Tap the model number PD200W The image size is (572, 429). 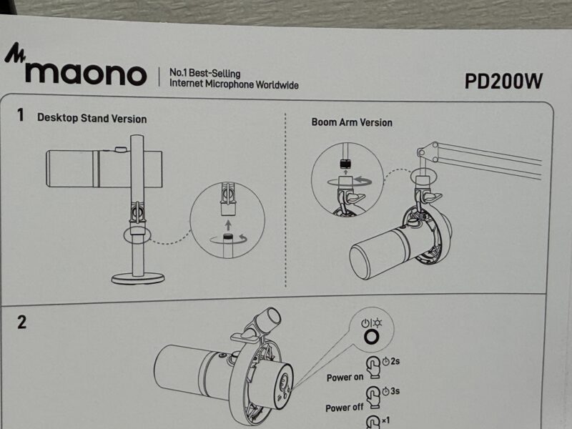[x=504, y=82]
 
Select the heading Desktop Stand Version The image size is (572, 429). [x=92, y=118]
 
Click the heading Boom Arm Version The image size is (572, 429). [x=352, y=122]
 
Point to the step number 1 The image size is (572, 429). [x=21, y=115]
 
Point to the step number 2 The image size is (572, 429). [x=22, y=322]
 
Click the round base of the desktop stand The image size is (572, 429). [x=138, y=279]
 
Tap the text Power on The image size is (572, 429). [x=345, y=378]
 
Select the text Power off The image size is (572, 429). [x=345, y=408]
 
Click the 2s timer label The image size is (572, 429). [x=390, y=362]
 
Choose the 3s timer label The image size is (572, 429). [x=390, y=391]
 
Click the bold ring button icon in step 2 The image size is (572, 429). [x=372, y=330]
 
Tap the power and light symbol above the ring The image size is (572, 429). [x=371, y=323]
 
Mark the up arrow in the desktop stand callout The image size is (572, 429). [x=228, y=225]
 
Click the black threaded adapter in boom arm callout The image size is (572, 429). [x=345, y=164]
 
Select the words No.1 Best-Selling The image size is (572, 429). [x=204, y=73]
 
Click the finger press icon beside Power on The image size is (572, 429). [x=373, y=368]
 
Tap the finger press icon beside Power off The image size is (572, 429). [x=373, y=398]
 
